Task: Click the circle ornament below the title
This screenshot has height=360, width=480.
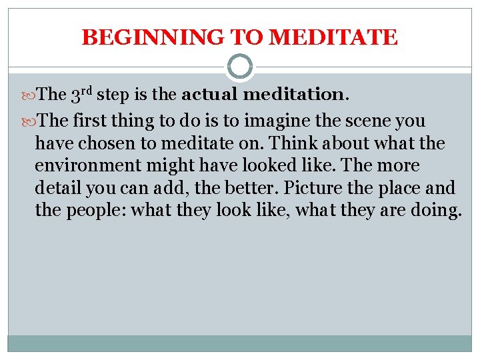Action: (240, 67)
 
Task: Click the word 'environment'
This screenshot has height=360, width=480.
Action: (83, 166)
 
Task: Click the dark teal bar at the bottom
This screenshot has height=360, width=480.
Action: (240, 343)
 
